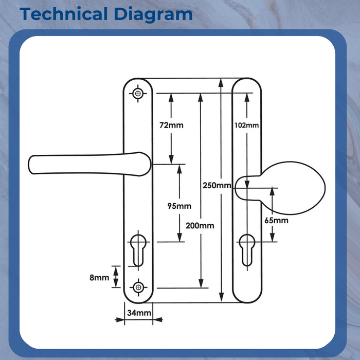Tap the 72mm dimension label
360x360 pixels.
click(x=171, y=125)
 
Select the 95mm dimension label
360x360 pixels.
click(x=179, y=206)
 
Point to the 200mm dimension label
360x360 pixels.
click(x=201, y=226)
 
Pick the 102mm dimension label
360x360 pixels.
click(x=246, y=125)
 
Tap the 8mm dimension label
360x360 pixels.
click(x=99, y=278)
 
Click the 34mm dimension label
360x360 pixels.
click(x=139, y=313)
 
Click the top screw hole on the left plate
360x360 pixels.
click(x=138, y=94)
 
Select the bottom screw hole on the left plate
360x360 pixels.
click(x=138, y=286)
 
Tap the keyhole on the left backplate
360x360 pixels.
click(x=138, y=250)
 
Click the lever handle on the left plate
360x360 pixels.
click(x=87, y=164)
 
